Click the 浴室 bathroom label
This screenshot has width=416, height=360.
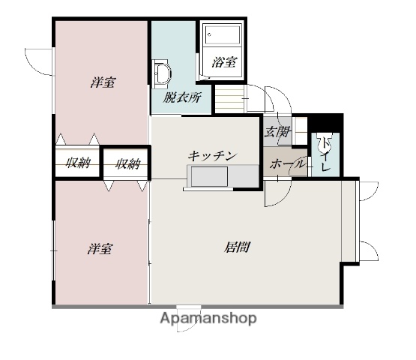[224, 64]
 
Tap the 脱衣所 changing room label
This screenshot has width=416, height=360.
[182, 97]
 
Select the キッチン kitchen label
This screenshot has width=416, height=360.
[212, 155]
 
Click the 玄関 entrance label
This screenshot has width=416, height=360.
[276, 133]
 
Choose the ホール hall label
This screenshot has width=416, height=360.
[286, 163]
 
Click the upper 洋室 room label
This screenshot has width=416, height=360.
[103, 82]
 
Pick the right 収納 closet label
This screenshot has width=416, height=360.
[127, 163]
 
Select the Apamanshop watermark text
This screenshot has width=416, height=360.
[208, 318]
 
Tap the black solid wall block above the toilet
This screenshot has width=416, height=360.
[327, 121]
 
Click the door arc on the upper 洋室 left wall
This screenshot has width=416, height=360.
[37, 59]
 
